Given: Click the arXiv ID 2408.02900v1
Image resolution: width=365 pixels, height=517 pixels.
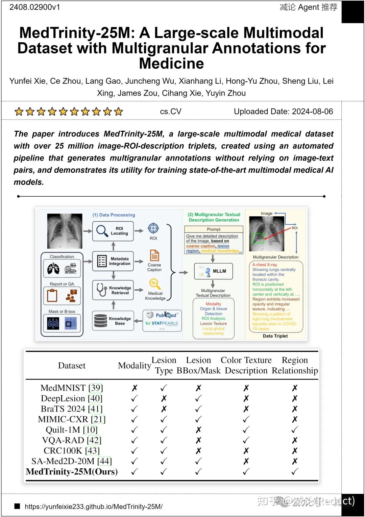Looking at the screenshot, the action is pos(35,7).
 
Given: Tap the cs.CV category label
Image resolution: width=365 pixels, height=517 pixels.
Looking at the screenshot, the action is pos(171,112).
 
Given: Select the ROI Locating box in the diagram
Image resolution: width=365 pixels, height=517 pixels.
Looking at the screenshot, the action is pos(113,231).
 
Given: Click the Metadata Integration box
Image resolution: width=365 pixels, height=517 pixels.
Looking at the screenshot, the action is pos(113,261).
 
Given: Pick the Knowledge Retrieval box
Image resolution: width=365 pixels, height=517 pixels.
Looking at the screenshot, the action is pos(113,290).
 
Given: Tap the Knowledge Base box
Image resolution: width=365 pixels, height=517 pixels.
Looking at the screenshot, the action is pos(113,321).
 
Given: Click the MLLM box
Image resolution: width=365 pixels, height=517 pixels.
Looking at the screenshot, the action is pos(214,271).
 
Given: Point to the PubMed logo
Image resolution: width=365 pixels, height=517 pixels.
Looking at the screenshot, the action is pos(162,315).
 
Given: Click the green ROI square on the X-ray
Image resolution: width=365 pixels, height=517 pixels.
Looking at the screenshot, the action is pos(259,238).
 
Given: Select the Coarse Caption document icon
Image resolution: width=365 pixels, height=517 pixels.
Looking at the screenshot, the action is pos(154,255).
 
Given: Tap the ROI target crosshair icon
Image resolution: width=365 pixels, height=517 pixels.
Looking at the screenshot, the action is pos(153,228).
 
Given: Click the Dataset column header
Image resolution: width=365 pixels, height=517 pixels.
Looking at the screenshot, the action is pos(72,366).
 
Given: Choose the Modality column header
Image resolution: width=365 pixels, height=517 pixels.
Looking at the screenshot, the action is pos(134,366).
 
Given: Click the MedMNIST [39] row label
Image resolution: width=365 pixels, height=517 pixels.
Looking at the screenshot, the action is pos(72,388).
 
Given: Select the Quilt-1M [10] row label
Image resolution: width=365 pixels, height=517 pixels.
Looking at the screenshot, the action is pos(72,430).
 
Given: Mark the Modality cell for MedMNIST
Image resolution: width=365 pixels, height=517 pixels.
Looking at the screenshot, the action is pos(135,388).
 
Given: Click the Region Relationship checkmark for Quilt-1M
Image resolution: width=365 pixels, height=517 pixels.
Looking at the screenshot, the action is pos(295,430).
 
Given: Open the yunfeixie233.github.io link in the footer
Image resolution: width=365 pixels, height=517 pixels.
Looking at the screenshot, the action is pos(94,507).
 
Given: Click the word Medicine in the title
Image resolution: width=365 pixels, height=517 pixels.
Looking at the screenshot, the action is pos(171,64).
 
